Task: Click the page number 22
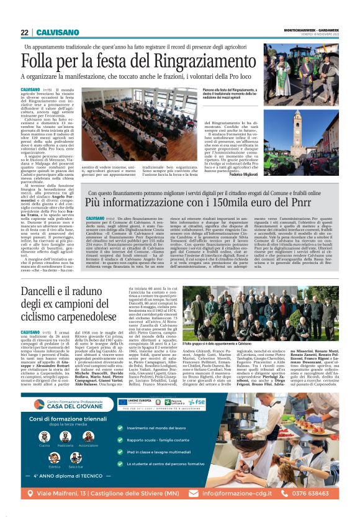pos(24,32)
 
